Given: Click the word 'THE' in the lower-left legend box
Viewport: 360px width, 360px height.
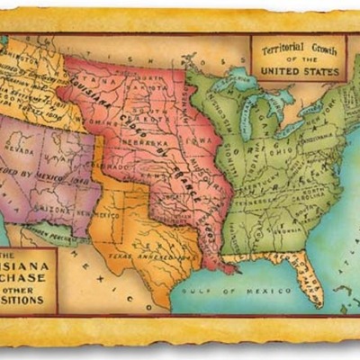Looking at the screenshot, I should pyautogui.click(x=13, y=256).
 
